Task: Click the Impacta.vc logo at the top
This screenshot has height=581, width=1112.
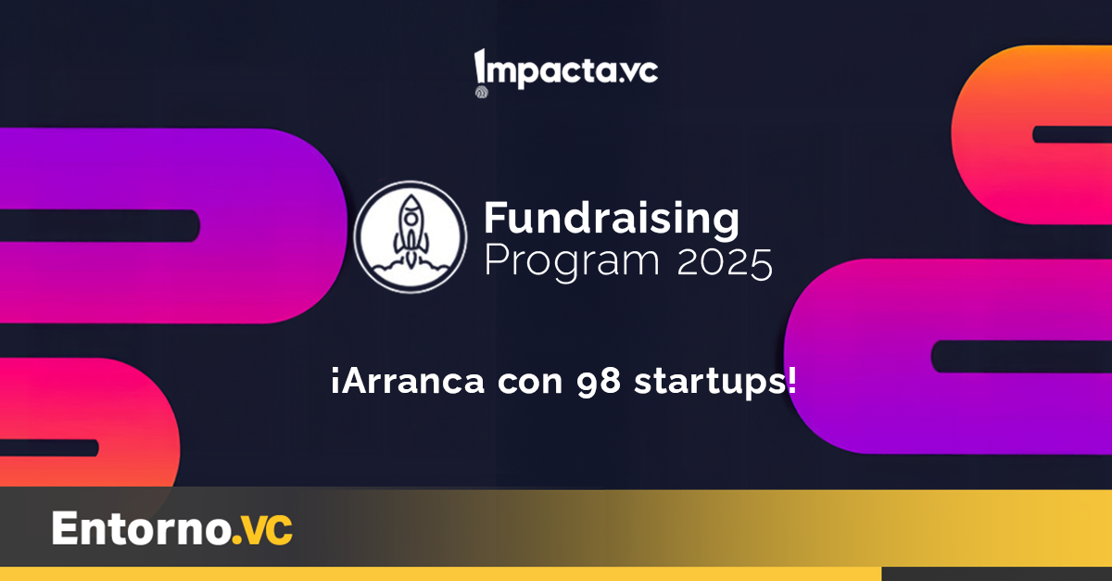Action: click(566, 73)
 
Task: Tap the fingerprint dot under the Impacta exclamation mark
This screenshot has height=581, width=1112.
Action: click(482, 92)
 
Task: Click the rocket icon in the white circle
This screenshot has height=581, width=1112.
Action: click(411, 233)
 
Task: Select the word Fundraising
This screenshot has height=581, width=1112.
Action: click(612, 219)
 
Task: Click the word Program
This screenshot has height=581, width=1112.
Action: click(572, 262)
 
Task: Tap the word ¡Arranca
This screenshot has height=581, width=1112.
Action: click(408, 382)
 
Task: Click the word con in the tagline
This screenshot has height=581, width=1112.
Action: click(530, 383)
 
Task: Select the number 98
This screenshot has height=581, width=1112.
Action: click(599, 383)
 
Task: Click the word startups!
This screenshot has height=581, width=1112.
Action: click(715, 382)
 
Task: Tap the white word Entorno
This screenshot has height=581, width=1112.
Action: click(142, 528)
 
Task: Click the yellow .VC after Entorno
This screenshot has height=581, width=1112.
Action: click(262, 529)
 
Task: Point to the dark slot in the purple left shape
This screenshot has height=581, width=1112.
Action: click(99, 226)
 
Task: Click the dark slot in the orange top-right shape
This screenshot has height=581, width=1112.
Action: click(1072, 134)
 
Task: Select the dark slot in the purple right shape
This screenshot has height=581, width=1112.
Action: click(1021, 357)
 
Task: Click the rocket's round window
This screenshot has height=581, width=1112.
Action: click(411, 219)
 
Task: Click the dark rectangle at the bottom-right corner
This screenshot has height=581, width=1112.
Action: click(997, 574)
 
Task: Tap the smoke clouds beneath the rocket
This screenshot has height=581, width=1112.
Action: click(410, 271)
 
